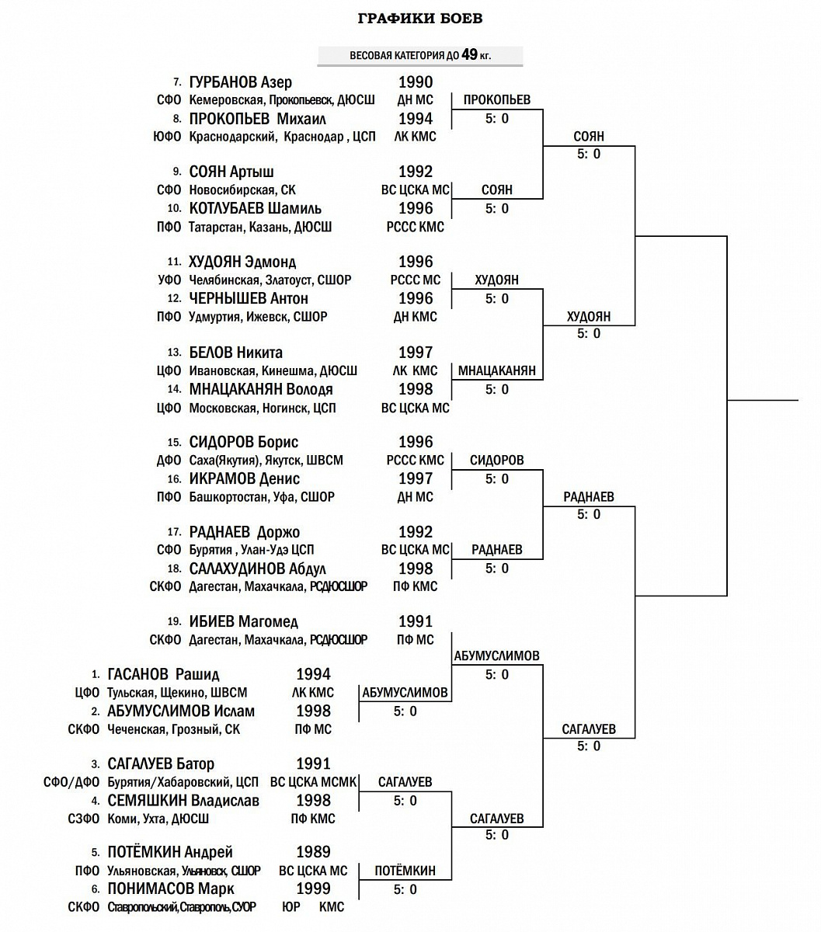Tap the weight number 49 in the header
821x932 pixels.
pos(469,55)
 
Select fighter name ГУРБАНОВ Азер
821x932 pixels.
pos(241,82)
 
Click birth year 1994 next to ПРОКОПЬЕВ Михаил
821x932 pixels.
pos(416,119)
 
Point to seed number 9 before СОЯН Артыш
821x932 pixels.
pos(177,172)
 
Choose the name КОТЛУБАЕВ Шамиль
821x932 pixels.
pos(256,209)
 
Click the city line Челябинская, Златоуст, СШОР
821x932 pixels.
pos(270,280)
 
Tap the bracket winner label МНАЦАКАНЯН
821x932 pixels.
pos(497,370)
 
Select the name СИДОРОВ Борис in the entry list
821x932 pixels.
pos(244,442)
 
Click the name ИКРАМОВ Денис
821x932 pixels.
pos(245,478)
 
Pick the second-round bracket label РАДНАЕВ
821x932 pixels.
pos(589,496)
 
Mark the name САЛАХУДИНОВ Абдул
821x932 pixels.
pos(258,569)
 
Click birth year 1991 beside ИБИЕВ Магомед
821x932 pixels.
pos(416,621)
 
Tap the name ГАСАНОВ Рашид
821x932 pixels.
pos(163,674)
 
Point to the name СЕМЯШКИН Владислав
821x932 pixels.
pos(183,801)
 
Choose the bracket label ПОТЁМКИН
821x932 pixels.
pos(405,871)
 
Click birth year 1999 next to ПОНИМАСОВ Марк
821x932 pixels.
pos(313,889)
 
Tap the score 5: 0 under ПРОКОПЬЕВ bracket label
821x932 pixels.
pos(497,119)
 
